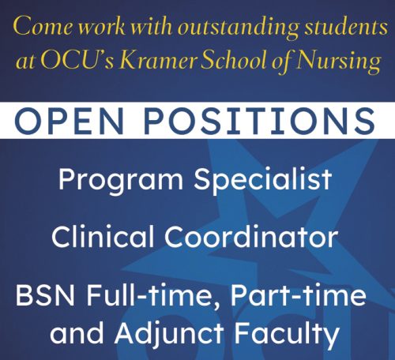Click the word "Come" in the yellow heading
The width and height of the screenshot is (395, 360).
point(43,26)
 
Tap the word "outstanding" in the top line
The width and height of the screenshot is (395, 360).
point(239,28)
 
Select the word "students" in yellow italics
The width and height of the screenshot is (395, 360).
point(347,26)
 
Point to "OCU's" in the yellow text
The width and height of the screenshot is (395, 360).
point(77,61)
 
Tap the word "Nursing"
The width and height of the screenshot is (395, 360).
point(338,62)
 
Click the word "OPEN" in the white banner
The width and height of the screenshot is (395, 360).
point(70,120)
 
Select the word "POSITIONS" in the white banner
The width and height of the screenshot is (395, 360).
point(260,120)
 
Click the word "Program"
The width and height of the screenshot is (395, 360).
point(121,180)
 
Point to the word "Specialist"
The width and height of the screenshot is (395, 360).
point(263,180)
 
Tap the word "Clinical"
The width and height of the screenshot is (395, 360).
point(103,236)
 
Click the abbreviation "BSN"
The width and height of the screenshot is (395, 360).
point(45,294)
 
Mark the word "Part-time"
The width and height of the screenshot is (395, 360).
point(299,294)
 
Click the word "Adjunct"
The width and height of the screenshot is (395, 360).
point(169,334)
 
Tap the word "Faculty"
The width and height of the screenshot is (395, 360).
point(287,334)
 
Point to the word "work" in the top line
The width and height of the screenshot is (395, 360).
point(103,26)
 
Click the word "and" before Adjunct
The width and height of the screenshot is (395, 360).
point(77,333)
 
